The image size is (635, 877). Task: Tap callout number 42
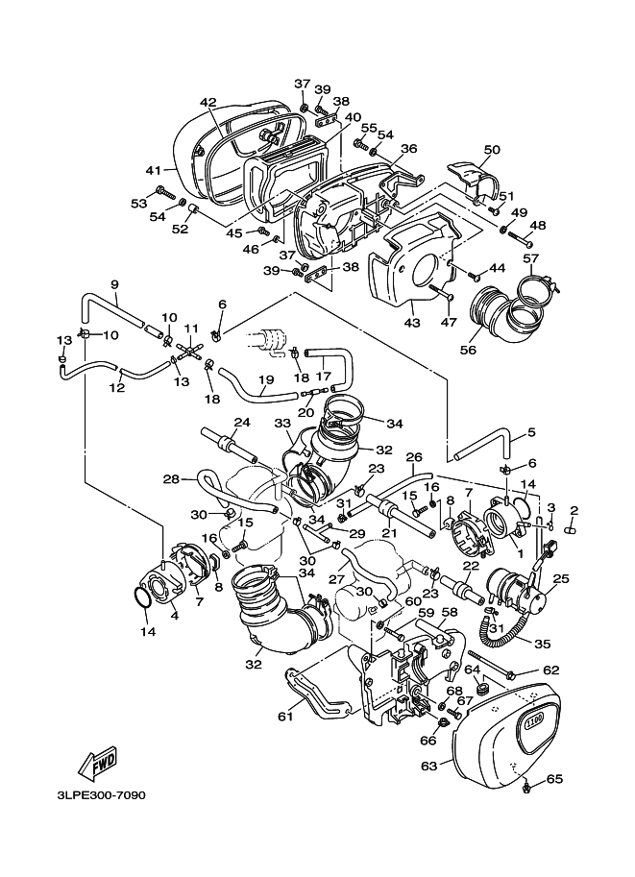(208, 103)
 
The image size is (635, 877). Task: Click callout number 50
(492, 150)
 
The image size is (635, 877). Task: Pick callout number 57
(531, 258)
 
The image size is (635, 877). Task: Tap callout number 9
(114, 284)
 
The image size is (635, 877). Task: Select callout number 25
(562, 578)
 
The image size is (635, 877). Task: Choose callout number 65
(553, 779)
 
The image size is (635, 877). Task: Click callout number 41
(154, 170)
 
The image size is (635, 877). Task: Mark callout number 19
(266, 379)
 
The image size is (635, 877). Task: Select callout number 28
(171, 477)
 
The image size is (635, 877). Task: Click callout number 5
(530, 432)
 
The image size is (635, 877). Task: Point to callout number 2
(574, 510)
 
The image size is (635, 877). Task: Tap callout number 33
(282, 422)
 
